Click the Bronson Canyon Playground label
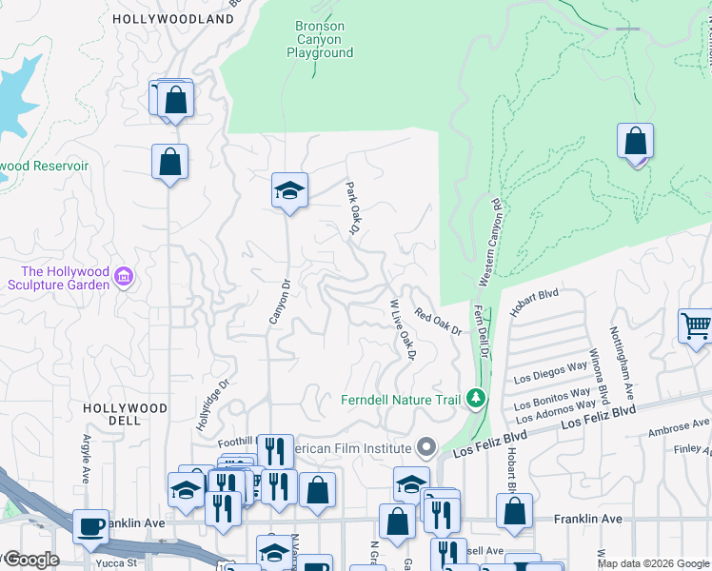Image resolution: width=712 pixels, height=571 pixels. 320,39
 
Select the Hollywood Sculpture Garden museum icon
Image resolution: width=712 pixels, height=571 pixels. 123,277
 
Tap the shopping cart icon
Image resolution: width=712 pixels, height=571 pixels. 697,325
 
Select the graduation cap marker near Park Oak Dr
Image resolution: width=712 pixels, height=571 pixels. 289,190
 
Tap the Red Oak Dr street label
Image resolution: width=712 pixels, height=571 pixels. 438,323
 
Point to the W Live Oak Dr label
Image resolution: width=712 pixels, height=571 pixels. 404,329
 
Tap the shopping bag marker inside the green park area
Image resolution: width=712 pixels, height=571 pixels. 636,142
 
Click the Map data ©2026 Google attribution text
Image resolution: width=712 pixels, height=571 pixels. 652,563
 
